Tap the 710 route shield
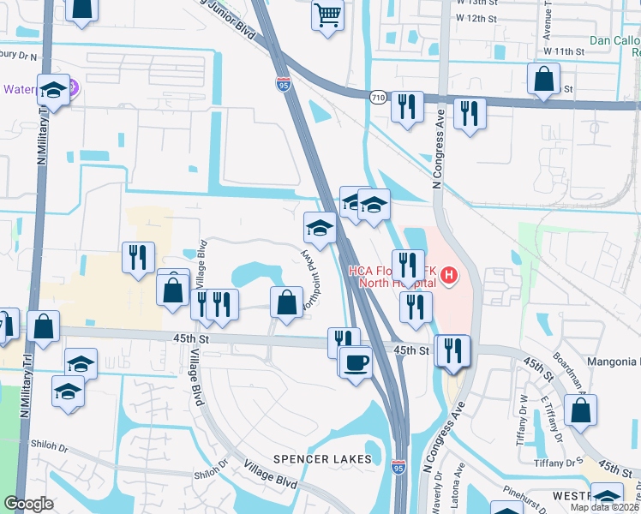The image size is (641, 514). tap(377, 97)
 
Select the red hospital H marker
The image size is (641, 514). tap(450, 276)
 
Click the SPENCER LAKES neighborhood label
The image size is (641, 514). tap(322, 459)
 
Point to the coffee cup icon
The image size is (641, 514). tap(356, 362)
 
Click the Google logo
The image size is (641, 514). tap(28, 504)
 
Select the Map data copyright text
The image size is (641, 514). tap(605, 507)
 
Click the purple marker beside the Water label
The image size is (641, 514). tap(72, 88)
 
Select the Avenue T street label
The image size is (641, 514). tap(547, 23)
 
